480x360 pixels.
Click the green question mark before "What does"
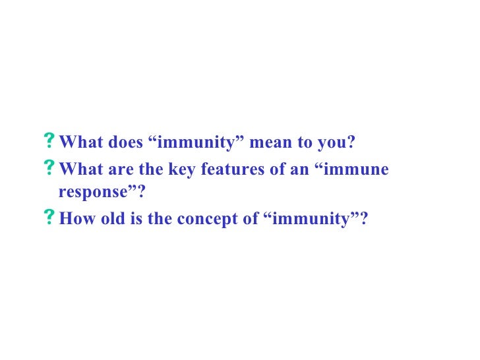[x=49, y=142]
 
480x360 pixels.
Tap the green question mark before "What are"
[x=49, y=169]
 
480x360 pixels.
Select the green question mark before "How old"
[x=49, y=218]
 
